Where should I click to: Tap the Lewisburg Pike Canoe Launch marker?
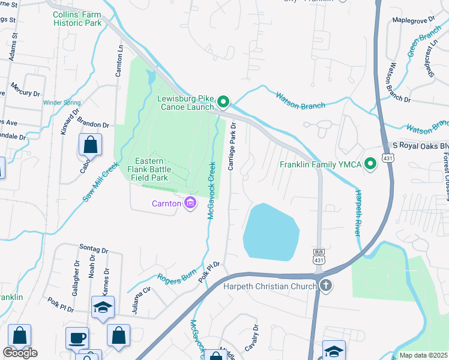pyautogui.click(x=223, y=103)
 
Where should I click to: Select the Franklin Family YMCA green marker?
pyautogui.click(x=370, y=163)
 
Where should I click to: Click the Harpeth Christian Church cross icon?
pyautogui.click(x=325, y=286)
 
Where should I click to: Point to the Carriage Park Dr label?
pyautogui.click(x=232, y=147)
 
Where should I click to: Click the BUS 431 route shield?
pyautogui.click(x=319, y=256)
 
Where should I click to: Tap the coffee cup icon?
pyautogui.click(x=77, y=337)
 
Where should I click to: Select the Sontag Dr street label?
pyautogui.click(x=93, y=249)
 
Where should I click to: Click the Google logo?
pyautogui.click(x=20, y=353)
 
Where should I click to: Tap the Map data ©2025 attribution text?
pyautogui.click(x=423, y=355)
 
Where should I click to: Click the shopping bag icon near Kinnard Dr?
pyautogui.click(x=90, y=145)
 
